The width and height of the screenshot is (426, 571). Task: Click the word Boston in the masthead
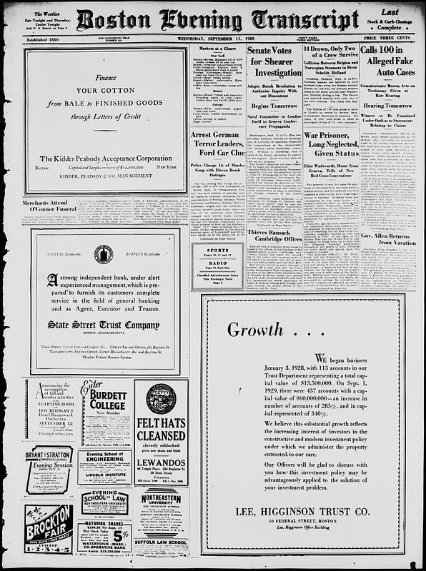[x=117, y=21]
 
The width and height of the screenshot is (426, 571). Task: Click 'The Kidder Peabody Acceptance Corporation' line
[x=104, y=158]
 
